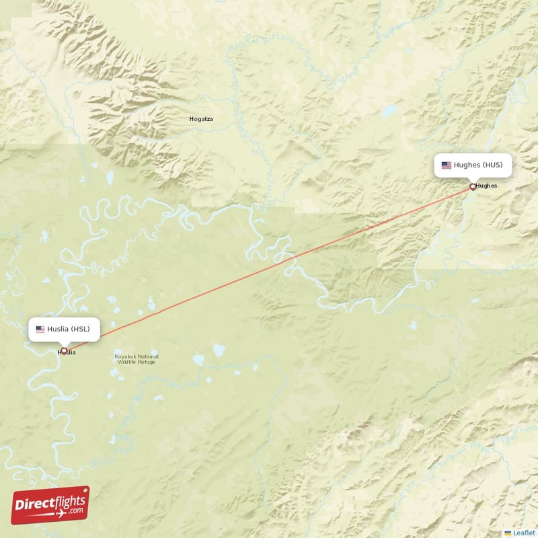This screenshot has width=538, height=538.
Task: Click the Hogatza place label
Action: tap(201, 119)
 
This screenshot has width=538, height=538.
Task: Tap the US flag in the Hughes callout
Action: tap(447, 165)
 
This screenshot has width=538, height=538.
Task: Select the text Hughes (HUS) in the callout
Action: tap(478, 165)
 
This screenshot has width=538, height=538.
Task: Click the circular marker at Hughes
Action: tap(472, 187)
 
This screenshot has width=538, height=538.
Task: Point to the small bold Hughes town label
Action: tap(486, 186)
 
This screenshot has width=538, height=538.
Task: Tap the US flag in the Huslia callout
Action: tap(40, 329)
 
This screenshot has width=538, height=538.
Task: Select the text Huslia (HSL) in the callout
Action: tap(68, 329)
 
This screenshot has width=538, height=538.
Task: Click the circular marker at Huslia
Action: tap(65, 350)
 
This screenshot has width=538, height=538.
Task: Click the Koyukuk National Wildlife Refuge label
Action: tap(137, 359)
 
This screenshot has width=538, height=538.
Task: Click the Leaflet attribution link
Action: tap(524, 533)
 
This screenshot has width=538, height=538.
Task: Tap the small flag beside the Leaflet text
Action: tap(508, 533)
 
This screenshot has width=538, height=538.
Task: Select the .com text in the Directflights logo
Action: tap(75, 510)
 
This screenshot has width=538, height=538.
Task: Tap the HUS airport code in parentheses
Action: tap(492, 165)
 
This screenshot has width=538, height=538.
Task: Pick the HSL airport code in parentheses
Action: tap(80, 329)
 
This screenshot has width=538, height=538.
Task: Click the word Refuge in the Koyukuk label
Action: tap(147, 362)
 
